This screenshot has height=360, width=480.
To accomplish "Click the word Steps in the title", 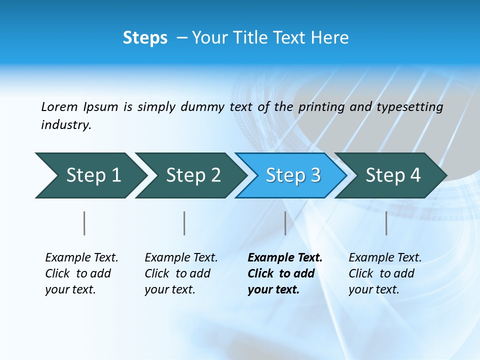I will (x=145, y=38).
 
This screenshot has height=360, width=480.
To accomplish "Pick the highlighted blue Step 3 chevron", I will (x=293, y=175).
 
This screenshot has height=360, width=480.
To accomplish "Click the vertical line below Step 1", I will (x=84, y=223).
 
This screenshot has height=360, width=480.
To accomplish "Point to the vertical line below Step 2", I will (x=184, y=223).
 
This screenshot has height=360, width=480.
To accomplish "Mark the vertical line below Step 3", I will (x=285, y=223).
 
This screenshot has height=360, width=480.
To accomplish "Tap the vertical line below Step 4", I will (x=386, y=223).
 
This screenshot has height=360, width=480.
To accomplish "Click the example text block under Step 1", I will (x=81, y=273).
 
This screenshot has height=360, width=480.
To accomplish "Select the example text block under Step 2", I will (x=181, y=273).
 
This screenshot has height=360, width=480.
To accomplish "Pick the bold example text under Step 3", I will (x=285, y=273).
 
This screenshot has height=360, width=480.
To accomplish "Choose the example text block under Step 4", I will (x=385, y=273).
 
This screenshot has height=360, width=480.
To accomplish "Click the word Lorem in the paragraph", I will (x=59, y=106).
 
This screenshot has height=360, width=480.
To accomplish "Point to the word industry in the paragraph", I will (x=66, y=125).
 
